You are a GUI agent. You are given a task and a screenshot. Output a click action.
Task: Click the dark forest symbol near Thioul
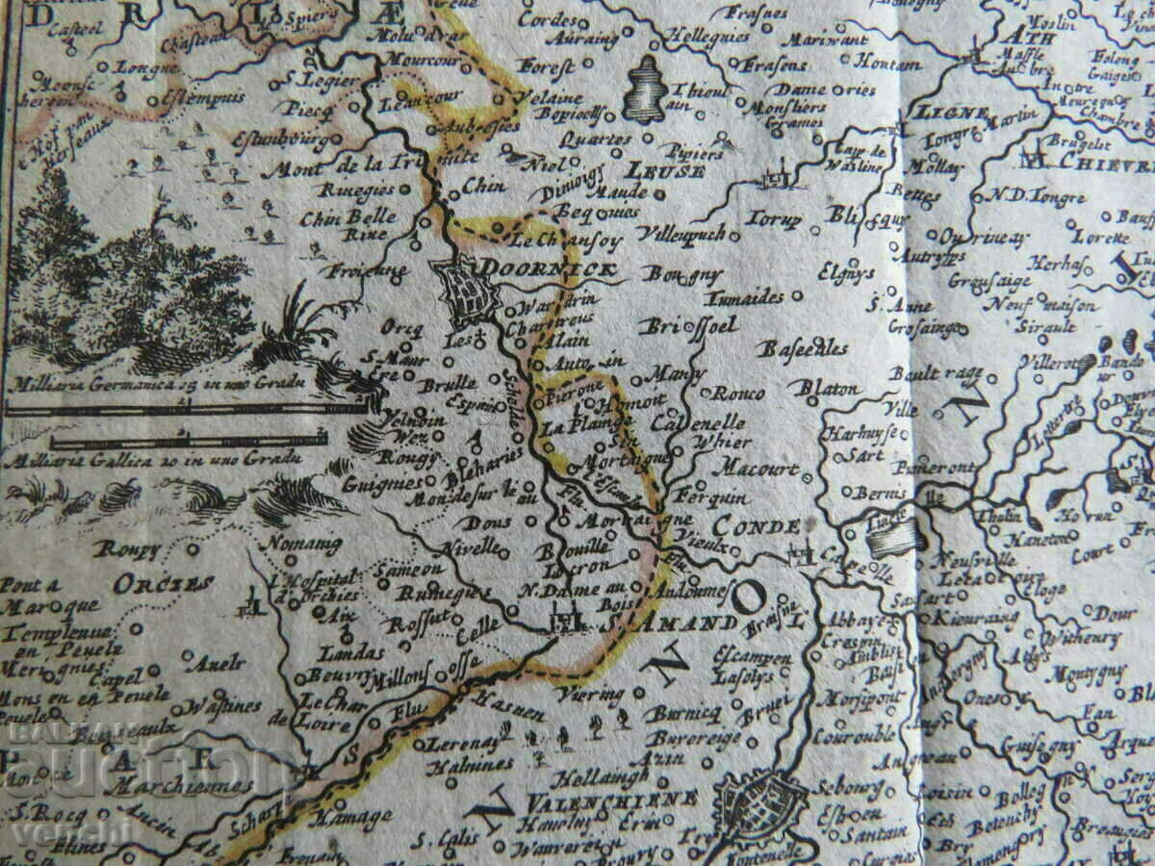point(648,89)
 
